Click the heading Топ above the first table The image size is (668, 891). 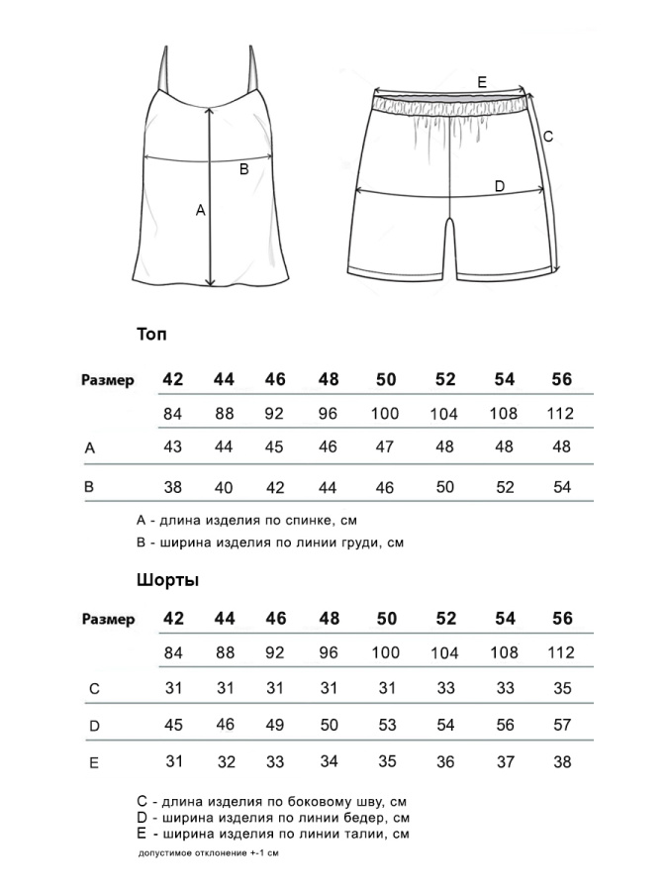click(152, 335)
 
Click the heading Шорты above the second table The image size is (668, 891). click(167, 580)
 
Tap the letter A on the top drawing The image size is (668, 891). click(200, 210)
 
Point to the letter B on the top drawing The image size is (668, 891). click(244, 169)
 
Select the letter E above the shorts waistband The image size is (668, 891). click(481, 82)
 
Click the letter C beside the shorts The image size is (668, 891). click(547, 137)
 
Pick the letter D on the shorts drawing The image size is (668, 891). click(499, 186)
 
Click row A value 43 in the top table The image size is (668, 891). click(173, 446)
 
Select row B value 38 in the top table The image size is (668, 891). click(173, 487)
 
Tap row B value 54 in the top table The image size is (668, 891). click(562, 487)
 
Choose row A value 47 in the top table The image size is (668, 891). click(386, 446)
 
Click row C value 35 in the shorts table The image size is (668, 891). click(562, 687)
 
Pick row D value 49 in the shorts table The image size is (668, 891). click(275, 725)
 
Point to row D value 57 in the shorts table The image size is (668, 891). click(562, 725)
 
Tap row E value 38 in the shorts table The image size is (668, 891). click(562, 761)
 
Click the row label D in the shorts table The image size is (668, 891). click(94, 726)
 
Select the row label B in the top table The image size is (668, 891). click(89, 487)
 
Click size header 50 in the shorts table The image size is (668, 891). click(386, 619)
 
